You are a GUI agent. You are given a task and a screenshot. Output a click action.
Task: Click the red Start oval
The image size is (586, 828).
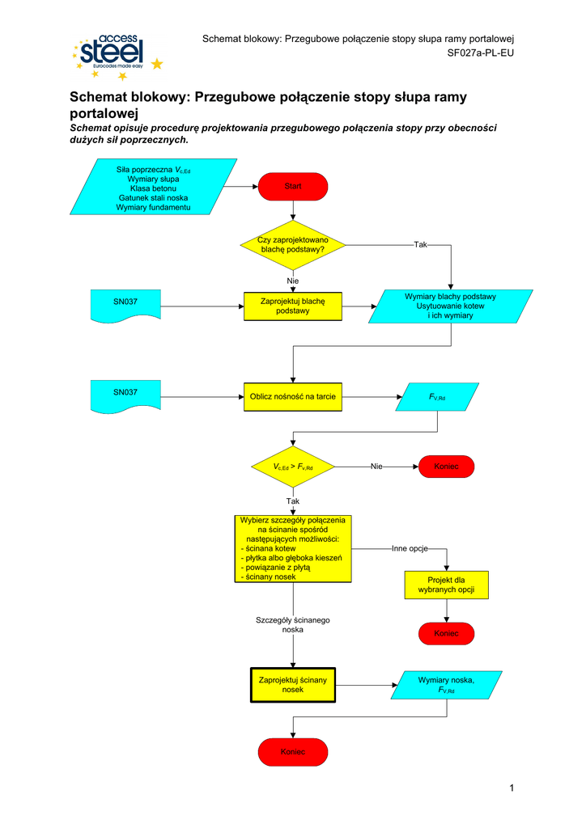[293, 187]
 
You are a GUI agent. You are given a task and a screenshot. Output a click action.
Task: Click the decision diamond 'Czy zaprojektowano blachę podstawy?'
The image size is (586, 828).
[293, 245]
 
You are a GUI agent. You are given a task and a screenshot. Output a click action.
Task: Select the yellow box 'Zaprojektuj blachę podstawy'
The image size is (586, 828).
[293, 306]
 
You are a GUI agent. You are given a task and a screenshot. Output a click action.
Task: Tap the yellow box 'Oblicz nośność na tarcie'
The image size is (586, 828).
[293, 396]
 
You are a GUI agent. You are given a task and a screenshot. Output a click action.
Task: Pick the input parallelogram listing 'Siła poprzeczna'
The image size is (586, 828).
[153, 187]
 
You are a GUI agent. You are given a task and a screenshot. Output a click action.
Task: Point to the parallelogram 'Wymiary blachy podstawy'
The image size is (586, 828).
[450, 306]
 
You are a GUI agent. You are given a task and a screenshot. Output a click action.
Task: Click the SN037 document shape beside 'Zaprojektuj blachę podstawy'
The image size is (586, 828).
[125, 306]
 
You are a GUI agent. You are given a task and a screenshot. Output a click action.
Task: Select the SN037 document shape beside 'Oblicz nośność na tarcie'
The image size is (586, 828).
[125, 395]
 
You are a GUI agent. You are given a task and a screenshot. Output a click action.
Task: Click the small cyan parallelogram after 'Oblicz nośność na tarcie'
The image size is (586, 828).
[438, 397]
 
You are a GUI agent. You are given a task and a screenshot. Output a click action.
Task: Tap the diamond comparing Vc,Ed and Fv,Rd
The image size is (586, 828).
[293, 467]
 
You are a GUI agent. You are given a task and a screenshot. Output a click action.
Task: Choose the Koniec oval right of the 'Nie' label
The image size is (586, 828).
[446, 467]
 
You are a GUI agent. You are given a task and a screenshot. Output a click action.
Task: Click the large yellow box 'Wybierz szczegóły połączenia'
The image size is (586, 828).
[293, 548]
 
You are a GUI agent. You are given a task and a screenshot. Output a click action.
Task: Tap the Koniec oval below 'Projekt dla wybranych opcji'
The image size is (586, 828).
[446, 633]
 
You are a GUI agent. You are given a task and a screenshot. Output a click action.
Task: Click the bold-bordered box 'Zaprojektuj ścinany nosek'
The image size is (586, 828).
[293, 685]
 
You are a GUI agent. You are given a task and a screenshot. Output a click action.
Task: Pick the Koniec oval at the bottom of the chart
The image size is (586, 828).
[293, 752]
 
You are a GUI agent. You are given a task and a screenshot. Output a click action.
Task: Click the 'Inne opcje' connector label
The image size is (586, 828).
[410, 548]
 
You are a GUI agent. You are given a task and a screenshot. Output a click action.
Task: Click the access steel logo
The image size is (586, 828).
[116, 56]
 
